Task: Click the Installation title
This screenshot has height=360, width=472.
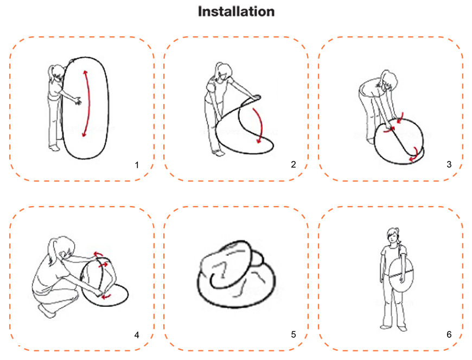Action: click(236, 11)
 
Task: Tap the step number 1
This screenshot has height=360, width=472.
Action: click(137, 164)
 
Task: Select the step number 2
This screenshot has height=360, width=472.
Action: click(293, 164)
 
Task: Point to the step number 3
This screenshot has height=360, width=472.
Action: click(449, 164)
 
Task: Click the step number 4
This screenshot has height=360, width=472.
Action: click(137, 335)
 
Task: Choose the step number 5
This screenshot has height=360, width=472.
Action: click(293, 335)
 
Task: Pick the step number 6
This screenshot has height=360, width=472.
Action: click(449, 335)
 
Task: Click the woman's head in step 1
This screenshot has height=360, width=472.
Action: click(56, 72)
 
